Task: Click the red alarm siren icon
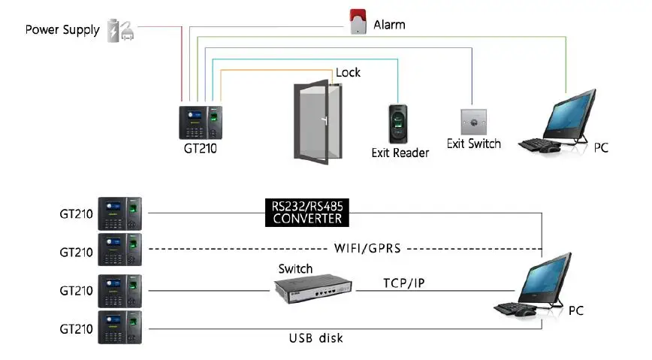click(x=358, y=21)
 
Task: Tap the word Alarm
click(x=389, y=25)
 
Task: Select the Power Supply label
click(x=62, y=30)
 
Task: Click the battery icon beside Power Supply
click(x=115, y=29)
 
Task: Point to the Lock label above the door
click(x=348, y=72)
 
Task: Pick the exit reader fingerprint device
click(x=399, y=123)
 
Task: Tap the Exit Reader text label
click(x=400, y=153)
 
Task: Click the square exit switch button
click(x=473, y=122)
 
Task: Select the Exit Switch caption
click(x=473, y=144)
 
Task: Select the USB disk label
click(x=315, y=338)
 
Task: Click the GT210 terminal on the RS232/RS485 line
click(x=120, y=214)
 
